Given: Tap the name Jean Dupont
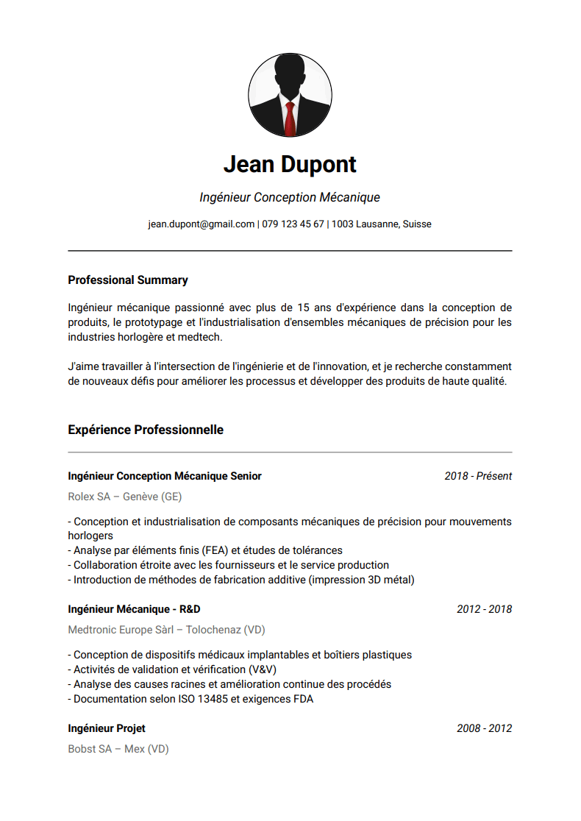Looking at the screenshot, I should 290,164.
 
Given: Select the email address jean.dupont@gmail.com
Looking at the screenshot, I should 201,224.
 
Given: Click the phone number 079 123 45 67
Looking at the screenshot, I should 293,224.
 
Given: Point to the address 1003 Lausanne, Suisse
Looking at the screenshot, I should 381,224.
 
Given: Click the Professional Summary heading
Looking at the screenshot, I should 128,280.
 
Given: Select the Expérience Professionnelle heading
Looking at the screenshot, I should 146,430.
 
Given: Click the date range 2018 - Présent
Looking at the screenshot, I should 478,476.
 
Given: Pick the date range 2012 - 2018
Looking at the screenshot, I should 484,609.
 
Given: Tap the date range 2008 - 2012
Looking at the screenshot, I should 484,728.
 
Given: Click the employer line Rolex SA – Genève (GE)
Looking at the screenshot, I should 125,497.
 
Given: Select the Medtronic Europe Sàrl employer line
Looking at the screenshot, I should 166,630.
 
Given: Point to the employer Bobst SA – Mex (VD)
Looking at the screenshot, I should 118,749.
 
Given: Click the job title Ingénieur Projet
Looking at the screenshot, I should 107,728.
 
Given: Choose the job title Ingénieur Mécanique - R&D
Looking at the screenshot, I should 134,609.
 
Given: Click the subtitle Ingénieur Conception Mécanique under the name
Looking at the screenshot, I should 290,198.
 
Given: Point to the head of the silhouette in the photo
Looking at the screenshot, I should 290,74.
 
